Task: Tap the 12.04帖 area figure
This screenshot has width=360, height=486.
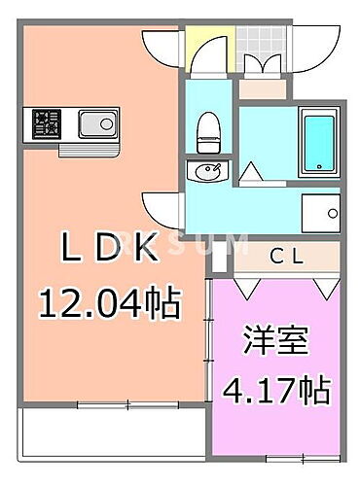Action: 109,305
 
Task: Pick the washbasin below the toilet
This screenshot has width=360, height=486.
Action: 207,173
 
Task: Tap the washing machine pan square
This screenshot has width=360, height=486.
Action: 318,213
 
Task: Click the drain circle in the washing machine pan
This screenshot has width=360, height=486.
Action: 331,213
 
